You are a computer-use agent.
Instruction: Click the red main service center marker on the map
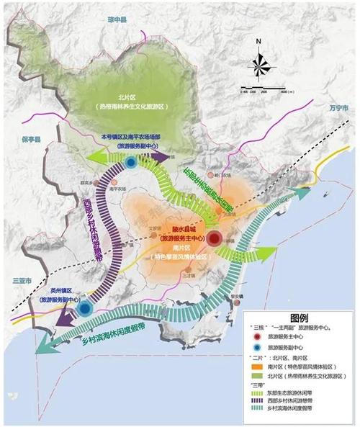click(x=214, y=238)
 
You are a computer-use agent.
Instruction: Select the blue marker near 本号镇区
click(x=130, y=163)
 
